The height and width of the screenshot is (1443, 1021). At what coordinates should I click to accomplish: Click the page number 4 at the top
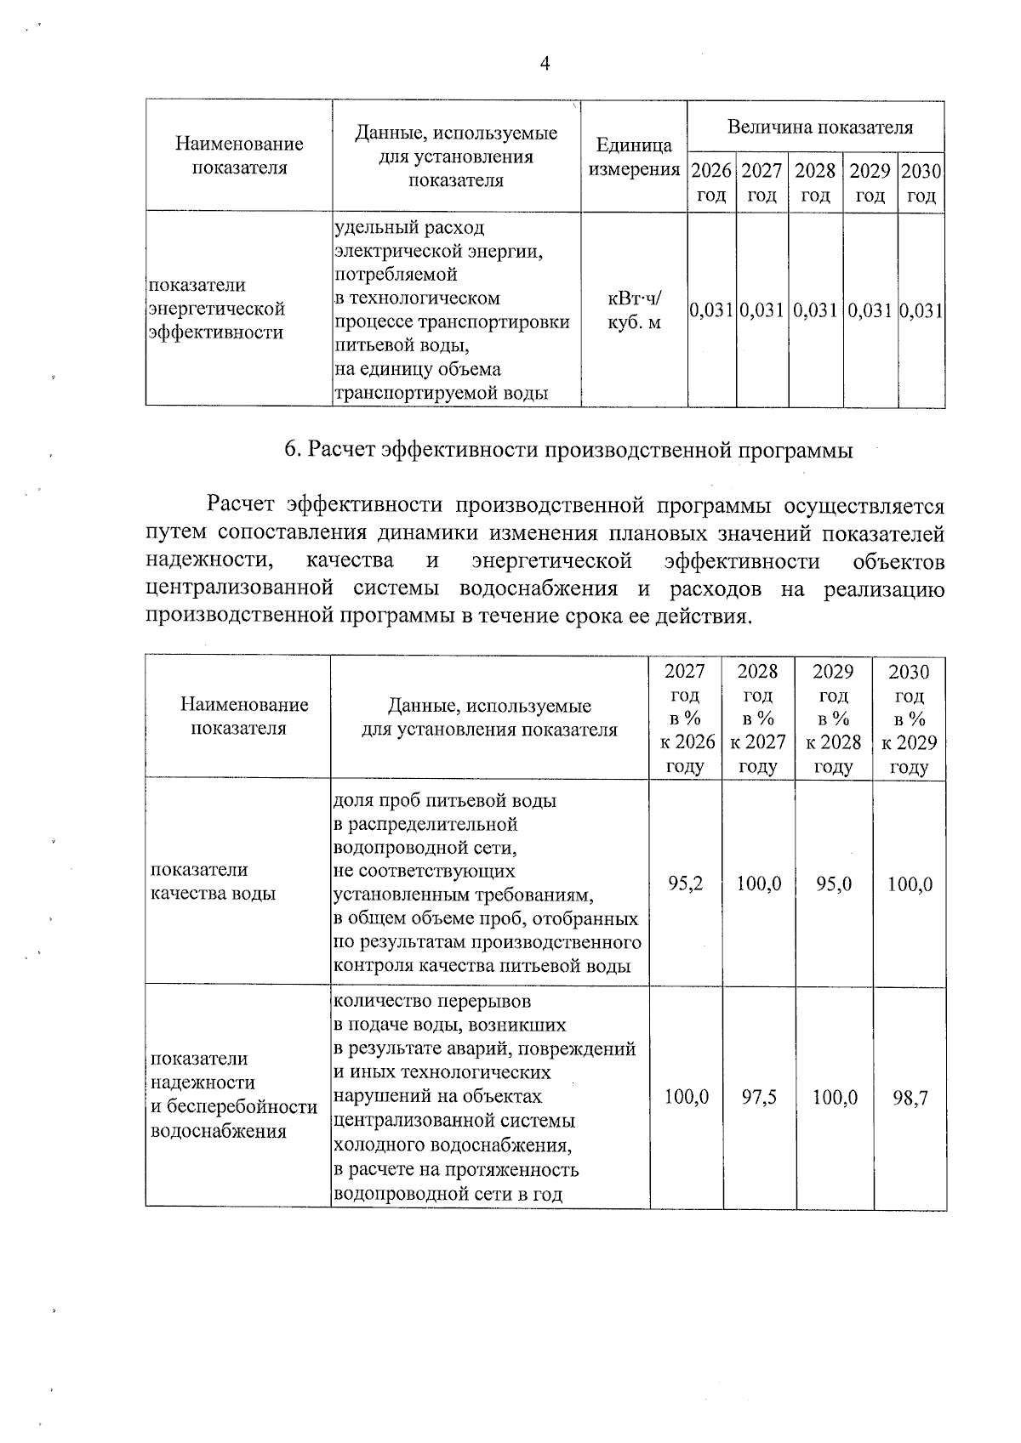(x=545, y=65)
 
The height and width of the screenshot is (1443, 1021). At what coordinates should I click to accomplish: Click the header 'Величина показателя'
(x=819, y=128)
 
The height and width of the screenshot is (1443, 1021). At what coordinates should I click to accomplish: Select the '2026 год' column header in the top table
(x=711, y=183)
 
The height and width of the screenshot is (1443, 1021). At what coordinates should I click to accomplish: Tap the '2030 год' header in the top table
(x=921, y=183)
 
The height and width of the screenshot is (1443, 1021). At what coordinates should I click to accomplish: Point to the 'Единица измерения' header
(x=634, y=156)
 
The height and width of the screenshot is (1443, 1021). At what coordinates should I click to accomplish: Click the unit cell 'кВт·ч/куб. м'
(x=634, y=310)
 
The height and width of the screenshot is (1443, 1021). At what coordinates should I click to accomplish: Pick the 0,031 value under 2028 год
(x=815, y=310)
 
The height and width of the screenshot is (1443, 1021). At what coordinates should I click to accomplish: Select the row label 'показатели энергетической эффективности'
(x=216, y=309)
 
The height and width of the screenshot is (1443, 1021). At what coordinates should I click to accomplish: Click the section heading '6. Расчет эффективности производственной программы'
(x=568, y=451)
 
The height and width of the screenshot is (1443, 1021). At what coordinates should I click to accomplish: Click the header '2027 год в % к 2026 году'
(x=686, y=719)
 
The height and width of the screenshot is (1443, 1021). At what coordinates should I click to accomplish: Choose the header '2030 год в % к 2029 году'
(x=909, y=719)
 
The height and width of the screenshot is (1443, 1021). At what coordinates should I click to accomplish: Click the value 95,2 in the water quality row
(x=686, y=883)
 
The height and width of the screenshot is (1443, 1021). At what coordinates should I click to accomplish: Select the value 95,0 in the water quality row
(x=834, y=883)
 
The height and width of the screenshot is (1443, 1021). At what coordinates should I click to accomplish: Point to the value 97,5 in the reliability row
(x=758, y=1097)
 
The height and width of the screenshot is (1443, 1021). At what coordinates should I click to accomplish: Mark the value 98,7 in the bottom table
(x=910, y=1097)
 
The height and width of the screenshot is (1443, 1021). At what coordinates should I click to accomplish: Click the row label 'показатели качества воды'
(x=213, y=882)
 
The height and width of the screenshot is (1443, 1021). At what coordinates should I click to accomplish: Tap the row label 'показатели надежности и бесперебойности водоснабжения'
(x=233, y=1094)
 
